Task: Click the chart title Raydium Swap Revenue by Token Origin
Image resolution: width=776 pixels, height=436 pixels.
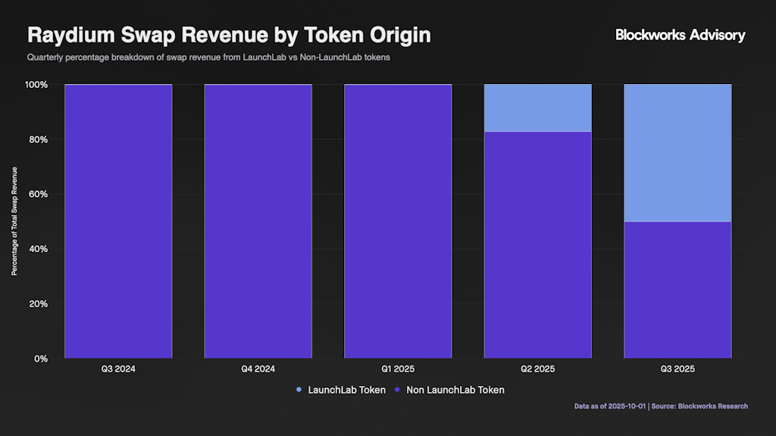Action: pyautogui.click(x=229, y=35)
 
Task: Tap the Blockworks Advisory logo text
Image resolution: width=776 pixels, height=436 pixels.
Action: pyautogui.click(x=680, y=35)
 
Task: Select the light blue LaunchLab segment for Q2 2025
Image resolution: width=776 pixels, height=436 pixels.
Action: pyautogui.click(x=537, y=107)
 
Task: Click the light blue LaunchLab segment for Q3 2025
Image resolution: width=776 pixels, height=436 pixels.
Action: pyautogui.click(x=677, y=152)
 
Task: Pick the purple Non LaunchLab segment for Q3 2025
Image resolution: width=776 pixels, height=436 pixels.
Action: pyautogui.click(x=677, y=289)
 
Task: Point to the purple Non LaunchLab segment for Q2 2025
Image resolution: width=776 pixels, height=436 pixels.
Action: pyautogui.click(x=537, y=244)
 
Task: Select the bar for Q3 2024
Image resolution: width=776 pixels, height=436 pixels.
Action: pyautogui.click(x=118, y=220)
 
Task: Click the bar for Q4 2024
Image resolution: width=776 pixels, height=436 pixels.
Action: pyautogui.click(x=258, y=220)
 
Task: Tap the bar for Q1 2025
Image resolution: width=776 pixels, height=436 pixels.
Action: pyautogui.click(x=398, y=220)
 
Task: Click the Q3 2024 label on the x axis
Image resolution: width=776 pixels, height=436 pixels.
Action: pyautogui.click(x=118, y=369)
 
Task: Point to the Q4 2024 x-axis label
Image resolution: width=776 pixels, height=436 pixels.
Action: pyautogui.click(x=258, y=369)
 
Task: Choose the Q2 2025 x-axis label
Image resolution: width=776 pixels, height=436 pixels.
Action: pyautogui.click(x=537, y=369)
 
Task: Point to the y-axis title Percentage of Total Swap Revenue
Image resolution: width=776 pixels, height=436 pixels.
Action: pyautogui.click(x=14, y=221)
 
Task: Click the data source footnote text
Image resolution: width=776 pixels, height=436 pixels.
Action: pyautogui.click(x=661, y=406)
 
